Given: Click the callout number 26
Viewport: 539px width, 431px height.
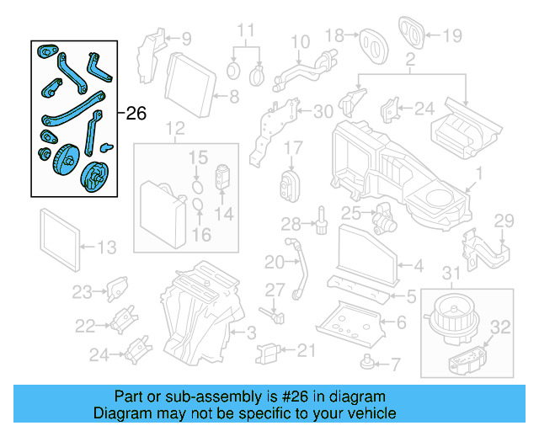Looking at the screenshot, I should click(136, 113).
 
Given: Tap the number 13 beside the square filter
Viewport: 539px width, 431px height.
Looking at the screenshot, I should click(106, 247).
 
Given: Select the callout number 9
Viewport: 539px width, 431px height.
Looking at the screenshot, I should click(185, 38).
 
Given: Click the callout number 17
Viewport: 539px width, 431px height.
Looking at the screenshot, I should click(292, 148).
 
